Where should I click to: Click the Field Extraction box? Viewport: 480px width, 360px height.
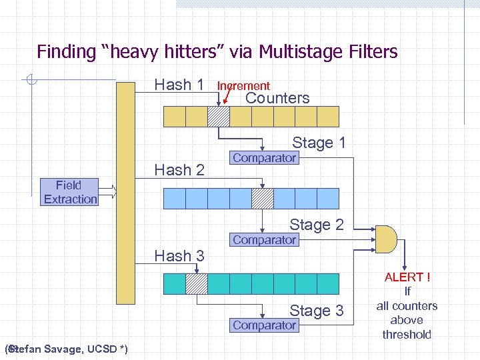(70, 192)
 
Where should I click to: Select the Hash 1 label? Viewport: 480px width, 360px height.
(179, 85)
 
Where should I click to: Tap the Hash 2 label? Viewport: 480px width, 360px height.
(179, 170)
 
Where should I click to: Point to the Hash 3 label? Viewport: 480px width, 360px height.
(179, 255)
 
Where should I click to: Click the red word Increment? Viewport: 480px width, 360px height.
(243, 86)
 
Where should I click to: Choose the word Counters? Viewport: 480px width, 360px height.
(277, 98)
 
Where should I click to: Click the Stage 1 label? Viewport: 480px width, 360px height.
(319, 143)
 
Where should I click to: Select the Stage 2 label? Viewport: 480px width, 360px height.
(316, 225)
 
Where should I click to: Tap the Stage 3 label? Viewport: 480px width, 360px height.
(316, 310)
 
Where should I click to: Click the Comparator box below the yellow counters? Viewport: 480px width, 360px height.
(264, 158)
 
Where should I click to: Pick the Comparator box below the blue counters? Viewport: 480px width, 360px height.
(264, 239)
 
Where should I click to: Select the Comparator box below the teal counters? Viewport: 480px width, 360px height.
(264, 325)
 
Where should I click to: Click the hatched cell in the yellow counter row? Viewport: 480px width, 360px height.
(219, 117)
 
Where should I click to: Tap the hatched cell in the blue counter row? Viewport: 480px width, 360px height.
(262, 198)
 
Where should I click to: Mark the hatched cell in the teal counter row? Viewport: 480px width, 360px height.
(197, 284)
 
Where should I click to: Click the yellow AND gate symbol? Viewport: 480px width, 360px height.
(386, 237)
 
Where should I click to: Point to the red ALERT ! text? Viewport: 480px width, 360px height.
(407, 277)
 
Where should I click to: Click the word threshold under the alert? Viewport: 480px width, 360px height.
(407, 335)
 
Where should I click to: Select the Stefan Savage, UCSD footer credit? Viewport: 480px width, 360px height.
(67, 349)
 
